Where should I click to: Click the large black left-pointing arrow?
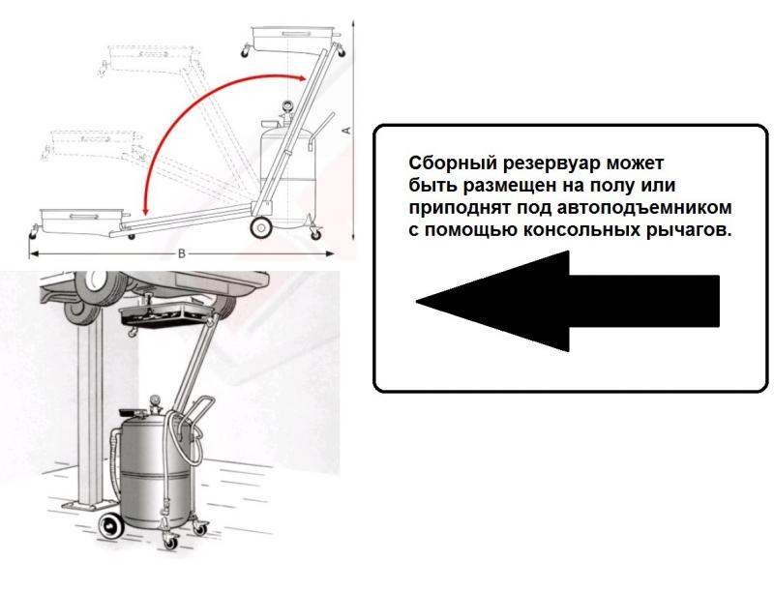[x=568, y=301]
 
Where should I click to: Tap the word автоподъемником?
[x=644, y=208]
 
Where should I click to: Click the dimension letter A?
[x=346, y=131]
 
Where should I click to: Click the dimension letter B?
[x=182, y=254]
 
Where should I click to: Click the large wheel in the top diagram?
[x=261, y=227]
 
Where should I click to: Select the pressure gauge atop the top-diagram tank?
[x=286, y=106]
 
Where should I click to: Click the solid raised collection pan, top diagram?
[x=295, y=37]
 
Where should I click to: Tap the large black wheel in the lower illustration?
[x=111, y=527]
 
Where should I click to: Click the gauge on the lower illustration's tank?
[x=156, y=400]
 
